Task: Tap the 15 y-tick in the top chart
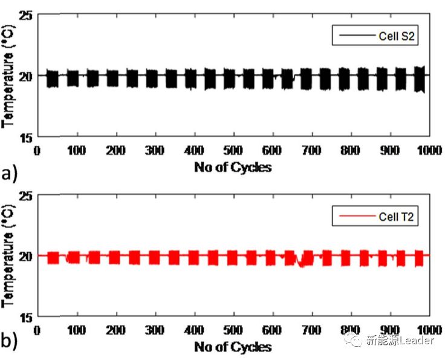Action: [26, 137]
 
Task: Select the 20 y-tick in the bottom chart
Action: [26, 256]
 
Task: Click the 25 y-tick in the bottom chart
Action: [26, 195]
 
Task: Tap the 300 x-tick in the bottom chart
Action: [155, 330]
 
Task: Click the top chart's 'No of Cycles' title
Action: [233, 167]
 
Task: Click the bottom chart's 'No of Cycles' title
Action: [233, 347]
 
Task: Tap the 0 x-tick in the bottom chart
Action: [37, 330]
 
